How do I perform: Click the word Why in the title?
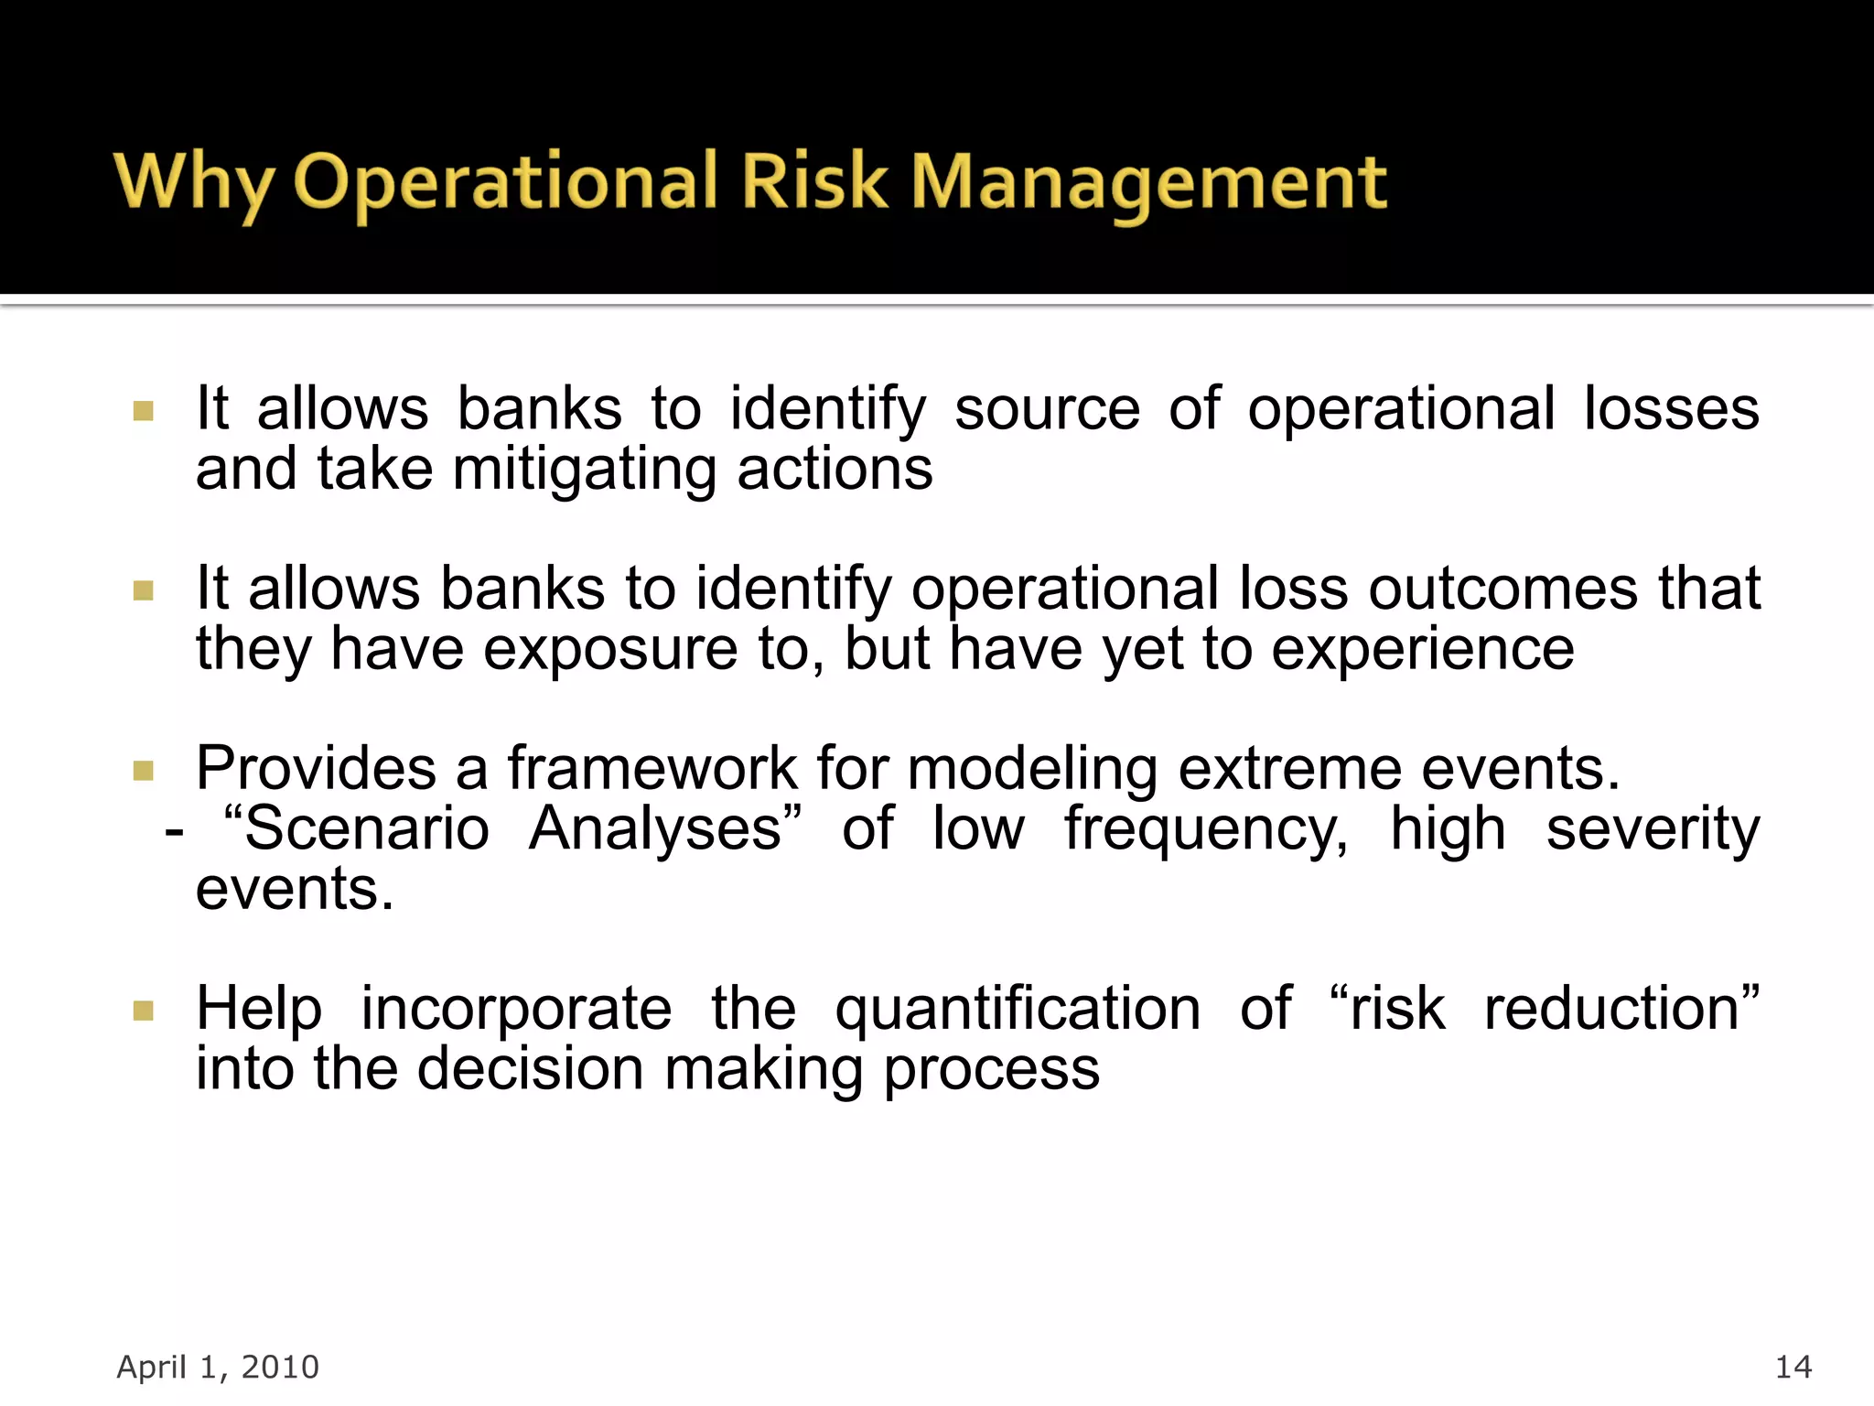tap(192, 183)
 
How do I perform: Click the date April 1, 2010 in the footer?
tap(218, 1367)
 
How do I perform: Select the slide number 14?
tap(1793, 1367)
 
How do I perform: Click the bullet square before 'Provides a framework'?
tap(144, 770)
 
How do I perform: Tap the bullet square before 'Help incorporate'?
tap(144, 1011)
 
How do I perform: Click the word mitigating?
tap(584, 470)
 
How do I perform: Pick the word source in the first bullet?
tap(1047, 408)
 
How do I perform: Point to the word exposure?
tap(609, 649)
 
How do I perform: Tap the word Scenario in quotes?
tap(366, 828)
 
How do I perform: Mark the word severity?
tap(1653, 828)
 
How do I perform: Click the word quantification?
tap(1018, 1009)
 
